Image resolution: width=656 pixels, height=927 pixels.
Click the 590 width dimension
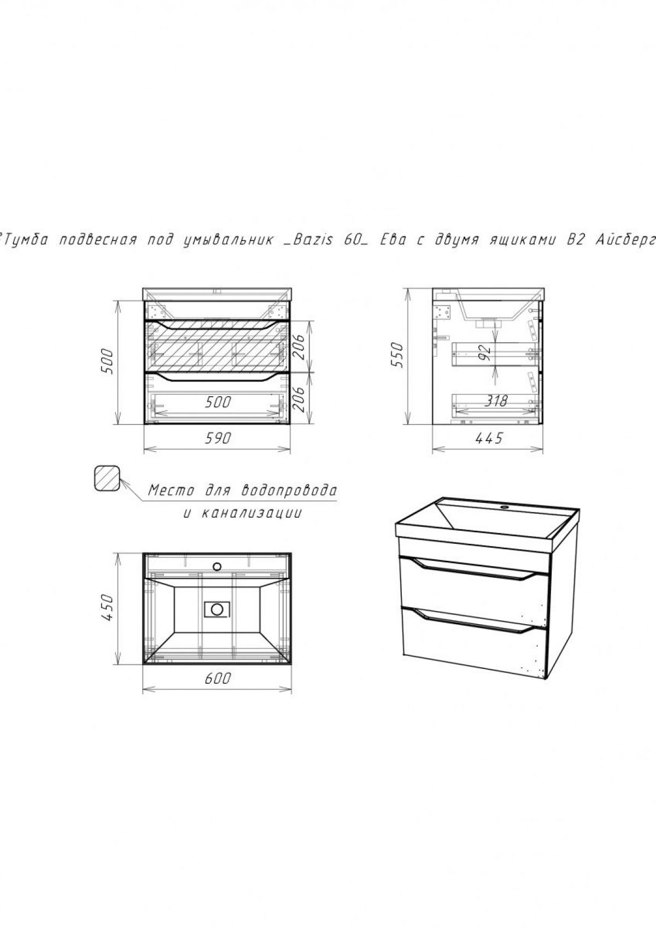218,438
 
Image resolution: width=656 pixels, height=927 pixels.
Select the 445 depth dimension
489,438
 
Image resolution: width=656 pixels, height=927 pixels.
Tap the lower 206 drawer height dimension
301,398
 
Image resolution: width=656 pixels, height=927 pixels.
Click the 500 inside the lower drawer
218,402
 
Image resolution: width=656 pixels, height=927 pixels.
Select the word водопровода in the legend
288,491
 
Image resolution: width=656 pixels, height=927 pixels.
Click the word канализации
251,514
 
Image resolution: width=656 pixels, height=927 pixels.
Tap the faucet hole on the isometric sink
505,506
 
